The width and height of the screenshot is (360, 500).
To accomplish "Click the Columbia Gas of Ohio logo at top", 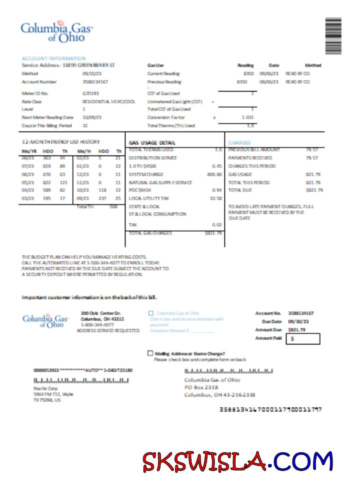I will [x=56, y=31].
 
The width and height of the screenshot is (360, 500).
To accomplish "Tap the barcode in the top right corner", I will [x=333, y=36].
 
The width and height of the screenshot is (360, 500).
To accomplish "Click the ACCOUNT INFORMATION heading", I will [x=54, y=58].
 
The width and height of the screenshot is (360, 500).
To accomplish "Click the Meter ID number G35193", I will [x=90, y=93].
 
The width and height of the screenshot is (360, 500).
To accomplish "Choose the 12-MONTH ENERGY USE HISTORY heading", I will [x=61, y=142].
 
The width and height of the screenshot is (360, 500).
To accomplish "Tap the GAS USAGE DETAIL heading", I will [x=152, y=142].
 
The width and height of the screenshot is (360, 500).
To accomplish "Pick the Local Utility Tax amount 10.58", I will [x=216, y=198].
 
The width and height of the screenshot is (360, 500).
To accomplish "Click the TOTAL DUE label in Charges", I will [x=238, y=190].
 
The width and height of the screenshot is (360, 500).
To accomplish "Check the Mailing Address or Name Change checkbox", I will [x=150, y=353].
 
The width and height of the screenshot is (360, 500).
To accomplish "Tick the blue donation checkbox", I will [x=150, y=313].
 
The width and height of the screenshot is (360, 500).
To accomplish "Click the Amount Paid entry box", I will [x=304, y=338].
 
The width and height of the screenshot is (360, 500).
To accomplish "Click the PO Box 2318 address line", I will [x=201, y=387].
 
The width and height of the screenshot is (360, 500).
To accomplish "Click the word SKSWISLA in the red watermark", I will [x=204, y=461].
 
